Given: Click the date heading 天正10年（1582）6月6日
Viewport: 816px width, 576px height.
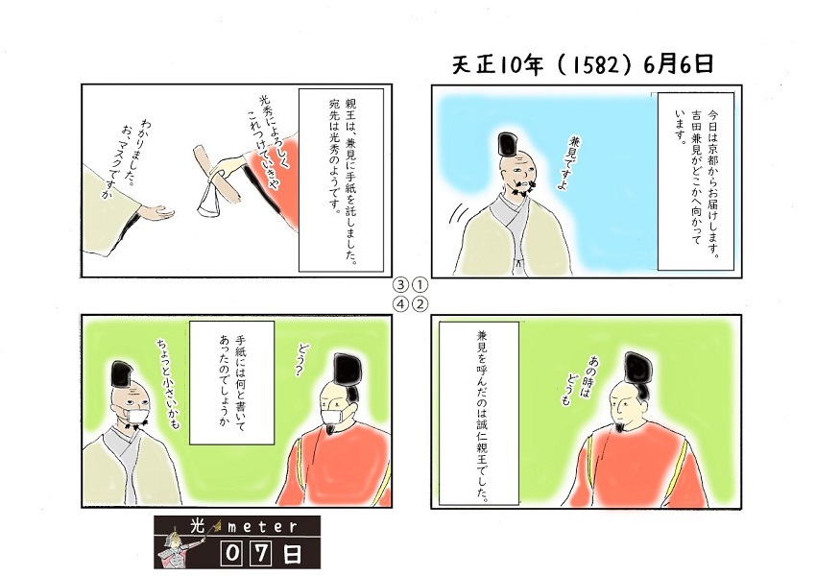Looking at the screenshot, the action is (583, 65).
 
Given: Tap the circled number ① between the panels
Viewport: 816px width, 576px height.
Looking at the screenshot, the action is (420, 285).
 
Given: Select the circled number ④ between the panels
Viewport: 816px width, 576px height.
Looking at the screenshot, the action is (400, 304).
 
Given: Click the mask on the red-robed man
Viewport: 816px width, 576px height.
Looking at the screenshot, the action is (331, 417).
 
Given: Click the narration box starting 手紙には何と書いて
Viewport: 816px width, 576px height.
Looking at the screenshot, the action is (231, 382).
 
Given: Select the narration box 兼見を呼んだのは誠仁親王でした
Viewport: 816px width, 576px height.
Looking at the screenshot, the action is (479, 413).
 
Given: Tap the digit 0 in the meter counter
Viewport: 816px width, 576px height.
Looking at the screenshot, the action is (231, 554).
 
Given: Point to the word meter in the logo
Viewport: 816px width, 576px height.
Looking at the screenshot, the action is (262, 527).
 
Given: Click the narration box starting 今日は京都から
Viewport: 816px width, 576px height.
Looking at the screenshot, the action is (695, 181).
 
